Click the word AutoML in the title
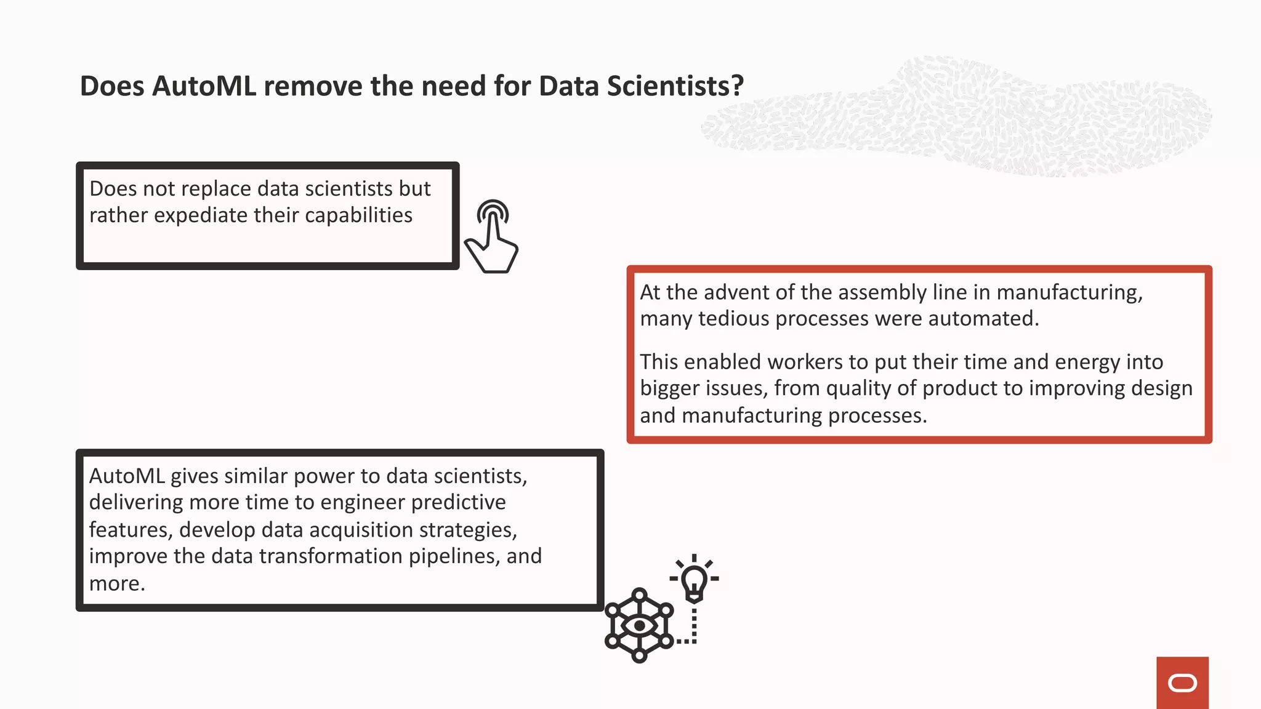point(204,86)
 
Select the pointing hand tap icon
point(492,237)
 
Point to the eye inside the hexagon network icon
point(639,626)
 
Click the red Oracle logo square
point(1182,683)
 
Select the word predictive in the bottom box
point(458,503)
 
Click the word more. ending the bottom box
point(117,583)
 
